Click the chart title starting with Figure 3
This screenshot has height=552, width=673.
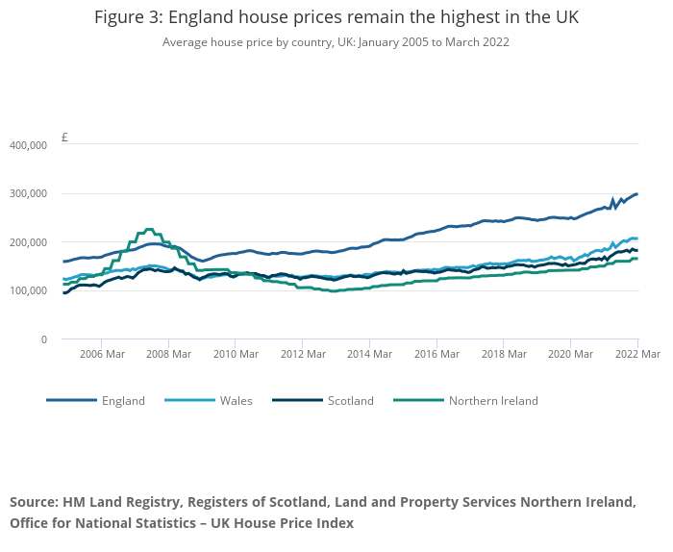[336, 18]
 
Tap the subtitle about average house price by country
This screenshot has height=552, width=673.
[336, 42]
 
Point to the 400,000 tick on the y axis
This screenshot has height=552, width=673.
[28, 145]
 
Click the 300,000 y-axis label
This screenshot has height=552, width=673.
[28, 193]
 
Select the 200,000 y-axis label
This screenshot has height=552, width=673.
[28, 242]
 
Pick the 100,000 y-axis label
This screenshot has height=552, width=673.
[28, 290]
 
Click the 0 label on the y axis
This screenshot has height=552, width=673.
[43, 339]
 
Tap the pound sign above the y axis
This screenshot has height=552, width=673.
[64, 138]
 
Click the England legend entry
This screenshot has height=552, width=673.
[123, 401]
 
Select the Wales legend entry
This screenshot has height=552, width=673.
[236, 401]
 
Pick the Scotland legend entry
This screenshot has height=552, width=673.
[350, 401]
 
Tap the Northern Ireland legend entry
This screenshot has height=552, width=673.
[493, 401]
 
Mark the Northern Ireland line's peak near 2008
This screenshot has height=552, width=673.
[149, 229]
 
